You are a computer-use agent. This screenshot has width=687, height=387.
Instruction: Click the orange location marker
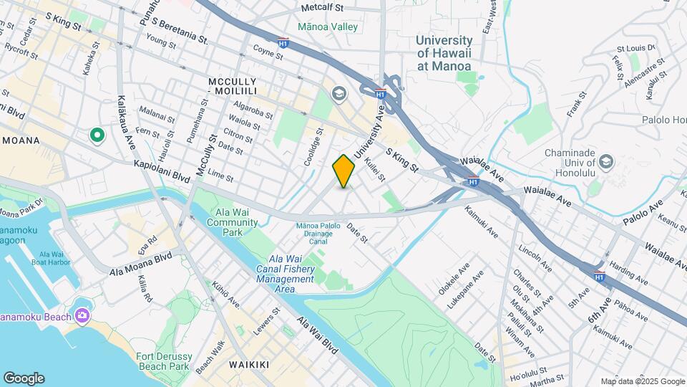[343, 171]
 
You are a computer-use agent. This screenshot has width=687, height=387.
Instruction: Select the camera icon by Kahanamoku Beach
[82, 315]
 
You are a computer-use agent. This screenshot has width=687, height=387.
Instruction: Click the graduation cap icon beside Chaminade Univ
[607, 161]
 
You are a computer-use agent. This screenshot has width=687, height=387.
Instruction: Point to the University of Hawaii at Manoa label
[444, 53]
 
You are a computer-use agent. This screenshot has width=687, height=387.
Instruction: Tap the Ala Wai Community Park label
[233, 217]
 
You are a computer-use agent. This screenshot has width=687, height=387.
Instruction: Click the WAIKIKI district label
[249, 365]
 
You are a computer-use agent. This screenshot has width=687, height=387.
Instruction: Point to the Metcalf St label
[322, 7]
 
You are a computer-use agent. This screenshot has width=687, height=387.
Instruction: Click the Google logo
[24, 378]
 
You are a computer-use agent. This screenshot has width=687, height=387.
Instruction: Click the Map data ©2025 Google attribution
[642, 381]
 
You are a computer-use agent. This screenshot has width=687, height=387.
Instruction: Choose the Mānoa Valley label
[328, 27]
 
